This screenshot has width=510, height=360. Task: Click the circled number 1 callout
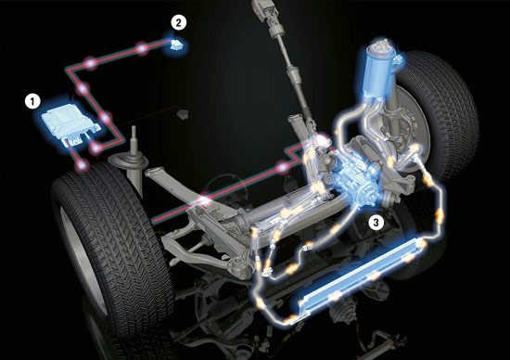(x=32, y=101)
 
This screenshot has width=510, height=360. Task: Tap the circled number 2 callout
(x=179, y=23)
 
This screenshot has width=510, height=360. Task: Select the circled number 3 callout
(x=376, y=223)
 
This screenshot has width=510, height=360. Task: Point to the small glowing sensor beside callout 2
(x=176, y=45)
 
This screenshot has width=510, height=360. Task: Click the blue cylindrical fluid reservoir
(x=378, y=70)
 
